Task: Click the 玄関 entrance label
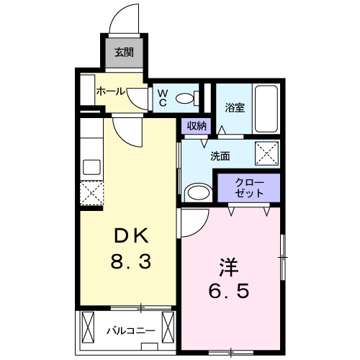pyautogui.click(x=124, y=52)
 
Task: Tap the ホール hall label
pyautogui.click(x=111, y=91)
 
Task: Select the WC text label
pyautogui.click(x=163, y=98)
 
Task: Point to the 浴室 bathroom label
pyautogui.click(x=235, y=107)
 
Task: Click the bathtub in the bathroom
pyautogui.click(x=266, y=109)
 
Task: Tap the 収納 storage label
pyautogui.click(x=197, y=125)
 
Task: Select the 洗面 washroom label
pyautogui.click(x=220, y=156)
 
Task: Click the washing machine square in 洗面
pyautogui.click(x=266, y=153)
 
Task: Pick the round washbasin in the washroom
pyautogui.click(x=199, y=192)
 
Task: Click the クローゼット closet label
pyautogui.click(x=249, y=188)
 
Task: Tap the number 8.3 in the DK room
pyautogui.click(x=131, y=261)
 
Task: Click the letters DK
pyautogui.click(x=131, y=235)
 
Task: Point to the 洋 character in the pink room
pyautogui.click(x=228, y=266)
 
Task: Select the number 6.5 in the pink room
pyautogui.click(x=228, y=291)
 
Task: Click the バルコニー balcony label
pyautogui.click(x=131, y=331)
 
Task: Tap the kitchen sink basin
pyautogui.click(x=91, y=167)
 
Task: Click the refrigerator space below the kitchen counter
pyautogui.click(x=91, y=193)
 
